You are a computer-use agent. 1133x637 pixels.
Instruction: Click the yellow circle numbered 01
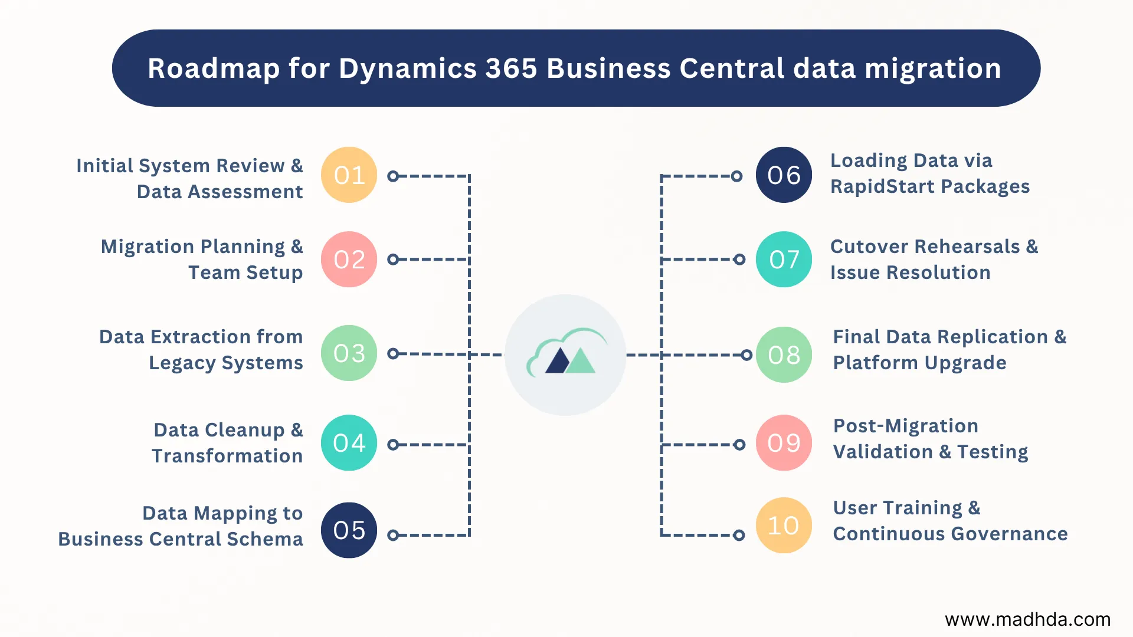point(349,175)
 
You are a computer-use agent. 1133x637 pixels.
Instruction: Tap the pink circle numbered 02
point(349,260)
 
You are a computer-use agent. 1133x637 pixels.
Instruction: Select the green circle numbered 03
point(349,353)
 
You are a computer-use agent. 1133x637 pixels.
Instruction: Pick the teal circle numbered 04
point(349,443)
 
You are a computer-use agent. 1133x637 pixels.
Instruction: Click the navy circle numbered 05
point(349,530)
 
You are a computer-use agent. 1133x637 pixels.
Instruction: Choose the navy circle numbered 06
point(784,175)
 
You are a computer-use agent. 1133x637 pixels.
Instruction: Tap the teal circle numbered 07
point(784,260)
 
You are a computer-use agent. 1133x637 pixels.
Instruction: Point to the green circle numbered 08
point(784,354)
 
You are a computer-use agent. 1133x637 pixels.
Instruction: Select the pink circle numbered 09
point(784,443)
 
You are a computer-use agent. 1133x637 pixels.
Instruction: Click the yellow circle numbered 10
point(784,526)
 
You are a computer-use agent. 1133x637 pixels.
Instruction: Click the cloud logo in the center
point(565,354)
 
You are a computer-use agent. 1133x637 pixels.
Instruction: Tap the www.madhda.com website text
point(1027,619)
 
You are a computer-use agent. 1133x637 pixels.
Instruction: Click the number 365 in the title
point(511,68)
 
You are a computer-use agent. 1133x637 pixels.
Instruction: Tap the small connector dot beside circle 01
point(393,176)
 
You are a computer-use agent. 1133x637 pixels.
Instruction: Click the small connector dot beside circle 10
point(738,535)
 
